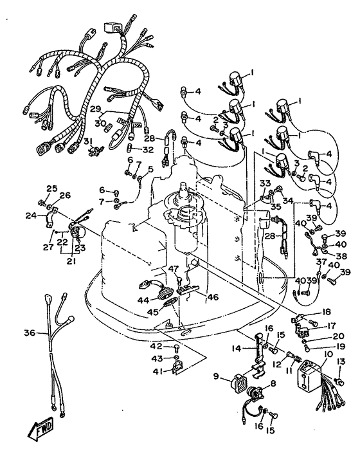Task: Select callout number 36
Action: tap(30, 333)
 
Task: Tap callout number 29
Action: tap(96, 109)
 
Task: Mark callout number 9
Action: tap(216, 376)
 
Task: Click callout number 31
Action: tap(87, 141)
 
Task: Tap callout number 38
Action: tap(341, 255)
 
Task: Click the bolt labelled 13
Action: tap(340, 381)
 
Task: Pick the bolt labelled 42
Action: tap(175, 347)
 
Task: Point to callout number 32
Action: tap(147, 149)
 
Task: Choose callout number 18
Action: tap(326, 312)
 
